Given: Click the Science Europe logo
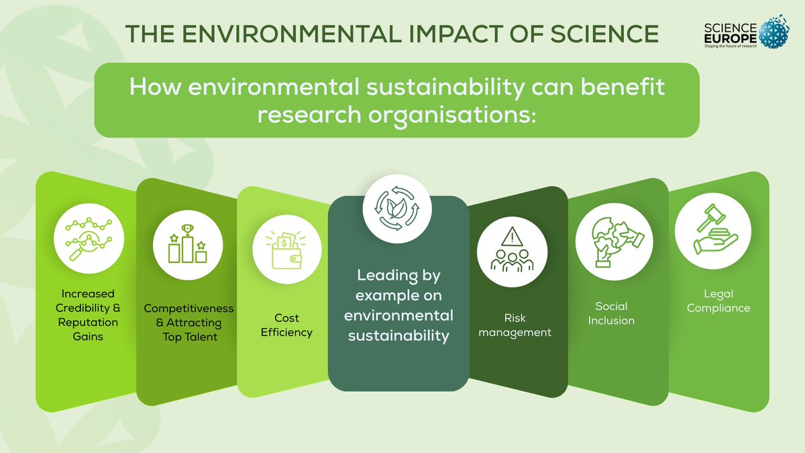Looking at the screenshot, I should [x=738, y=33].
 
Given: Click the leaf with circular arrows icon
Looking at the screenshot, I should [x=398, y=209].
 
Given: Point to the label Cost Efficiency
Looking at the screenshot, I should [x=286, y=325].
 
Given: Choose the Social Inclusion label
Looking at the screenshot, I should [x=611, y=313].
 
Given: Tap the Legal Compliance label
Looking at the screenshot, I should [x=718, y=301].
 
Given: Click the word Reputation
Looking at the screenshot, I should [x=89, y=322].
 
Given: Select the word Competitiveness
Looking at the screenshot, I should [x=189, y=309].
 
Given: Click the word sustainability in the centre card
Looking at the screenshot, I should [x=398, y=336].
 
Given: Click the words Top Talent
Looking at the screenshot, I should [x=190, y=338].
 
